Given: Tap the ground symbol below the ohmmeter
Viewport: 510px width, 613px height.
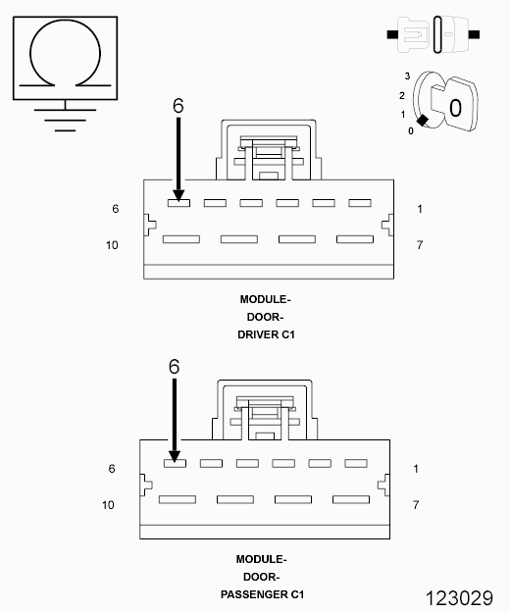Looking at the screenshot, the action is click(x=66, y=116).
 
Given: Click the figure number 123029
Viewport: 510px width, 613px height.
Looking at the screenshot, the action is click(x=459, y=598).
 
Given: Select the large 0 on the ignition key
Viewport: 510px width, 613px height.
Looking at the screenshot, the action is click(x=455, y=108).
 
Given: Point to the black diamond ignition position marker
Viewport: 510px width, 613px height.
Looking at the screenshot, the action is click(x=422, y=121).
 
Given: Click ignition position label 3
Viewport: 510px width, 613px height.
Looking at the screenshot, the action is click(x=407, y=76).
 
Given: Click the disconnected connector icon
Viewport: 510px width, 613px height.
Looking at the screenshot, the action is click(x=433, y=34).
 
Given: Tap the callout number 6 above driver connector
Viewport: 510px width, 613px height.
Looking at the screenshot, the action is click(x=178, y=106).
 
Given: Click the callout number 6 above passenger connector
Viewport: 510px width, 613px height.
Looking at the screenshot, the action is click(x=175, y=366).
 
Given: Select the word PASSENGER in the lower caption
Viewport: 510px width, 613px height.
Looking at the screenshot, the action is click(x=254, y=594).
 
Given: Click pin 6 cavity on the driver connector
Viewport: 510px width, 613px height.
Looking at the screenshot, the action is click(x=178, y=203).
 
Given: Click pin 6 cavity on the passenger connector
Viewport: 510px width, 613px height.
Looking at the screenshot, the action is click(x=175, y=463).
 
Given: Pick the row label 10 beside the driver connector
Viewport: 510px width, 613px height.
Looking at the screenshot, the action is click(x=112, y=245).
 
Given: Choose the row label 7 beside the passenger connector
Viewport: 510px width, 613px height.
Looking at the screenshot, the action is click(x=416, y=505).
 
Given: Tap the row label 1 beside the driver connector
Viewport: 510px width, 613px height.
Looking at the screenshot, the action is click(x=420, y=209).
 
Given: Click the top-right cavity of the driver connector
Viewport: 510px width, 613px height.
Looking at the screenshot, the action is click(x=360, y=203).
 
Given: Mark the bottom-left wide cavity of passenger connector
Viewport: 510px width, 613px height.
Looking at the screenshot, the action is click(x=178, y=499).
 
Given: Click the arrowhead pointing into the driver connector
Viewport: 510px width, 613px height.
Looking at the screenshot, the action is click(x=178, y=195).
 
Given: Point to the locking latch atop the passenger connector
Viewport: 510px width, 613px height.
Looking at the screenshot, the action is click(x=265, y=410).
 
